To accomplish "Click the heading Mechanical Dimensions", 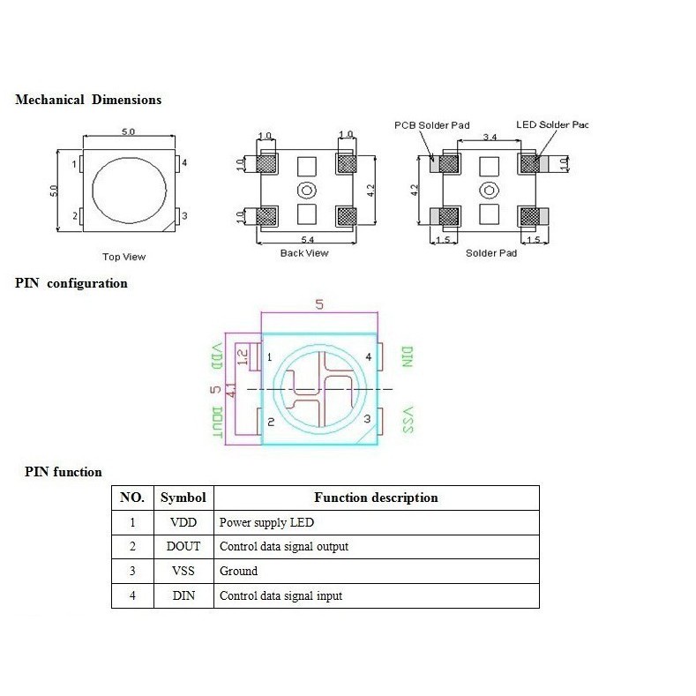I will (x=88, y=100).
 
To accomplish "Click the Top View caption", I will (x=124, y=257).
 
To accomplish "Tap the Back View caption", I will (x=304, y=253).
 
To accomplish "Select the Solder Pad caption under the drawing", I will (x=491, y=253).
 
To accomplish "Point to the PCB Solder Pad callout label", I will (x=431, y=125).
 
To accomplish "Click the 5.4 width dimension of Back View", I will (x=306, y=240).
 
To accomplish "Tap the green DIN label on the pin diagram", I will (x=407, y=357).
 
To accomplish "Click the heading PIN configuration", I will (x=71, y=283).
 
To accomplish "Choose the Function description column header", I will (x=376, y=498).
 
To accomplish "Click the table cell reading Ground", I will (x=239, y=571).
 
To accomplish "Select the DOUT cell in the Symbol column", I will (x=183, y=546).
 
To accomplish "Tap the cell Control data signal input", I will (x=281, y=595).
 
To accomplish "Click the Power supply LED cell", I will (x=266, y=522).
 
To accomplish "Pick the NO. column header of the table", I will (x=132, y=498).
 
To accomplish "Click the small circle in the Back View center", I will (x=306, y=190).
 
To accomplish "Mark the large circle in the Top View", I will (x=128, y=190).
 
